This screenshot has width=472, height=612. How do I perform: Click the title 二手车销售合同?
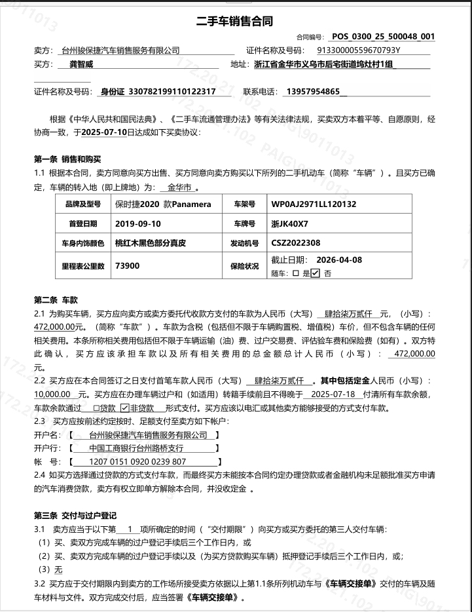pos(236,21)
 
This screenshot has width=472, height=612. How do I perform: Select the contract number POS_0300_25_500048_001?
pos(382,37)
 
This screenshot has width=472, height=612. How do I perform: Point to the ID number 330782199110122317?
pos(172,92)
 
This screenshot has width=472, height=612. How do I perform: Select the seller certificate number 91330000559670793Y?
pos(358,50)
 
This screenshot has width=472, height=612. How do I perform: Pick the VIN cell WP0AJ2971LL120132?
pos(314,204)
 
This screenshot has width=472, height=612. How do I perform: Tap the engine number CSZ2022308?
pos(296,243)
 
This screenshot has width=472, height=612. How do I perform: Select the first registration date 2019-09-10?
pos(137,223)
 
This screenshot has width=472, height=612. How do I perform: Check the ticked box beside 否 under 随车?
pos(315,273)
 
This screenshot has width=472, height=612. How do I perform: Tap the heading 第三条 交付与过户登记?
pos(75,516)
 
